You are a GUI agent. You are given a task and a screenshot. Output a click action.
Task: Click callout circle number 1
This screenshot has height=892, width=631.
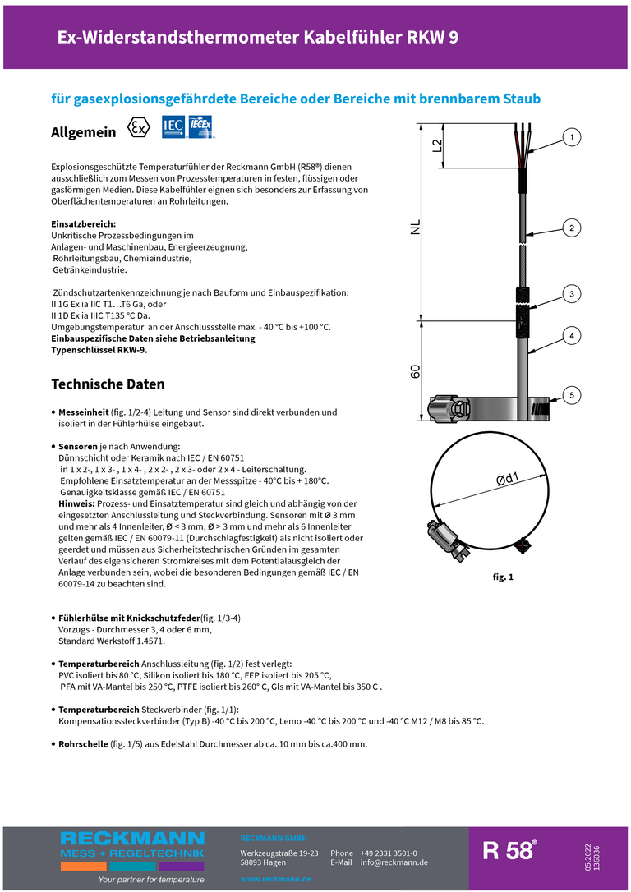573,137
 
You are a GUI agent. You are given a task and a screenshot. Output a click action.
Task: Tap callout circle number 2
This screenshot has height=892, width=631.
573,228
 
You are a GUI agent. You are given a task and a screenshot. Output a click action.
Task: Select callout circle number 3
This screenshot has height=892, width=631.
573,294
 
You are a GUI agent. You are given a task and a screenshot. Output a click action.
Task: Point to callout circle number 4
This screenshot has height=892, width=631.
573,335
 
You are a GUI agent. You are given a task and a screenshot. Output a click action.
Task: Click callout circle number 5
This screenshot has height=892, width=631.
573,395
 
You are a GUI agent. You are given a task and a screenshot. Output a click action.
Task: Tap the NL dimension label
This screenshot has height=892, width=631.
417,228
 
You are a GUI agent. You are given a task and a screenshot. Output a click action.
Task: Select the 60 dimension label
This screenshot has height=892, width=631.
417,370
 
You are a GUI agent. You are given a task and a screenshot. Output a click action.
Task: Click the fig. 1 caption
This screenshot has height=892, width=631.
503,577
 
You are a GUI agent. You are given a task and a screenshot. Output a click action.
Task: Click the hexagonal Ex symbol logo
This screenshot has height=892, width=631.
140,129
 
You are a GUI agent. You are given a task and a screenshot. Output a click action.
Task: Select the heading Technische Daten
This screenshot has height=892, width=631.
108,384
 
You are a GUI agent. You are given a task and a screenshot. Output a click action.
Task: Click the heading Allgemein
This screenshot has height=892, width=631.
84,132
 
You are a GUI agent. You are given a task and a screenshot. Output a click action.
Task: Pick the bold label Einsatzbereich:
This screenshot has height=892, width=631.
84,223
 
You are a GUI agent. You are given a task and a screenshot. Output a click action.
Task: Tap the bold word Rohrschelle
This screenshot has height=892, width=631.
83,744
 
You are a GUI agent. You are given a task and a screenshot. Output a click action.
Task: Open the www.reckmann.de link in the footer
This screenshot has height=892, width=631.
275,879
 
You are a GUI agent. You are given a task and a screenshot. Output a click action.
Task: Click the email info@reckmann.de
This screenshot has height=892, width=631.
394,862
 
